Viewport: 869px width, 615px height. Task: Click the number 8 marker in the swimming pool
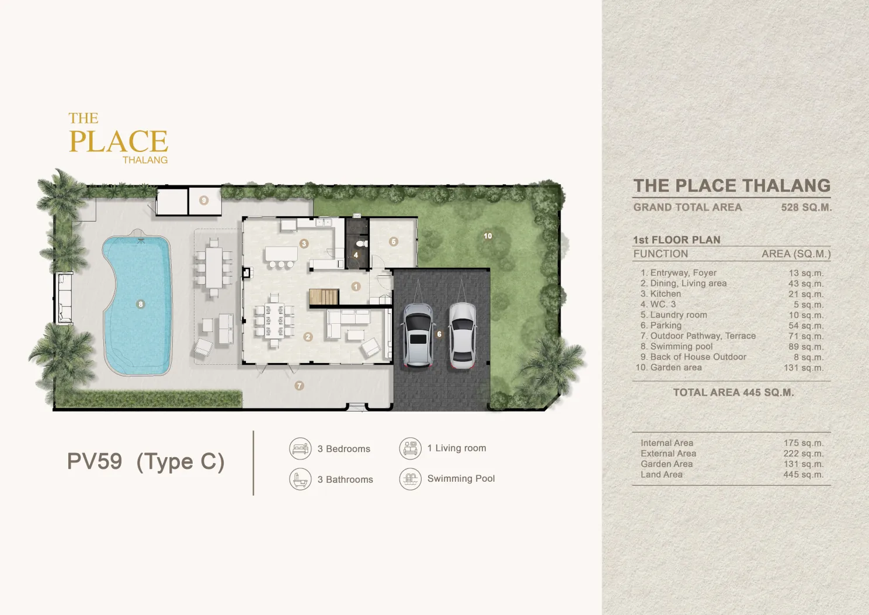point(140,304)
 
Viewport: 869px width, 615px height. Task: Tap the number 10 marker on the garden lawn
point(488,236)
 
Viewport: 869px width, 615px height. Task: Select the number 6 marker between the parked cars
point(439,334)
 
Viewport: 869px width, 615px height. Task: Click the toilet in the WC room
point(361,244)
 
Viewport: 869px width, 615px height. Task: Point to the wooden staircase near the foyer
point(324,297)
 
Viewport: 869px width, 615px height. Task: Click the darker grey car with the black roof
point(418,336)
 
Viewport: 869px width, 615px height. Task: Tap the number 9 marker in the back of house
point(204,201)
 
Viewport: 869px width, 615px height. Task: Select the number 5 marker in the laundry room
point(394,242)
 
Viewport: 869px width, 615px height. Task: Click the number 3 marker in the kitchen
point(304,244)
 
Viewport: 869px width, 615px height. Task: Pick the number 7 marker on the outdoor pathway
point(299,385)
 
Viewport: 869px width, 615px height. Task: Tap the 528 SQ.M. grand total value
point(806,208)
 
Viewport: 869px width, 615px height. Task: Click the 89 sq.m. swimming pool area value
point(805,346)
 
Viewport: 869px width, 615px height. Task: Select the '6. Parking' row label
point(661,326)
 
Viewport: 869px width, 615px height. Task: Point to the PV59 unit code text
point(95,461)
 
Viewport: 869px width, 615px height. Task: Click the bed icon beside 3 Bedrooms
point(300,448)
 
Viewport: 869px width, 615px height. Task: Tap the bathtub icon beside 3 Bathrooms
point(300,479)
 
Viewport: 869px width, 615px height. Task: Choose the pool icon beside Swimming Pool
point(410,479)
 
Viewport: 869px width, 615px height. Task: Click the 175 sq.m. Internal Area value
point(803,443)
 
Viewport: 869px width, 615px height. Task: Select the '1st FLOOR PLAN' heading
point(677,240)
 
